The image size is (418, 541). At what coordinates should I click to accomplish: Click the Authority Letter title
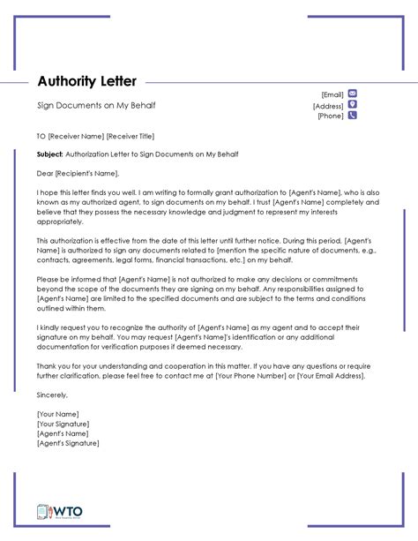coord(86,81)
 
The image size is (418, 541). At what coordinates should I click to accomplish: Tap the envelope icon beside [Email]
coord(353,93)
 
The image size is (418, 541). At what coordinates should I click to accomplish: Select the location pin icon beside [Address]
coord(353,104)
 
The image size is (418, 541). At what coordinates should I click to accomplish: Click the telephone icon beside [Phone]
coord(353,115)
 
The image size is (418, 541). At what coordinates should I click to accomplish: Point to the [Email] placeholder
coord(332,94)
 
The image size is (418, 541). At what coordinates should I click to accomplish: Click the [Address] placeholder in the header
coord(328,105)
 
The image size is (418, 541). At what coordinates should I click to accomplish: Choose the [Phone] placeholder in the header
coord(331,116)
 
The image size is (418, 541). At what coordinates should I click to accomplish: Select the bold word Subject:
coord(49,154)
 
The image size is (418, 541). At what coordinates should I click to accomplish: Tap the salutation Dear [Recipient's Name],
coord(77,173)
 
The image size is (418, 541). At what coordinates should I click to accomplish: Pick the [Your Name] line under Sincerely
coord(57,413)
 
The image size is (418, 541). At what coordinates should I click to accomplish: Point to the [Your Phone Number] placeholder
coord(269,375)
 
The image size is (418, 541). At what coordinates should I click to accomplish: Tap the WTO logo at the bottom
coord(57,512)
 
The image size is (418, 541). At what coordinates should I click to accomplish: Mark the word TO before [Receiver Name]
coord(41,137)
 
